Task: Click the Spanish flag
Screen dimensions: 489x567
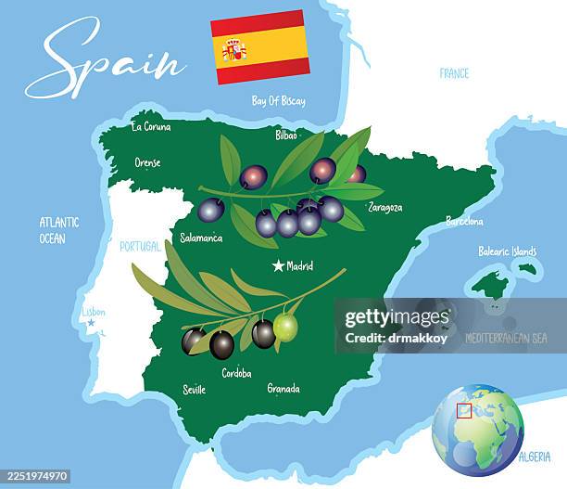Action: [x=260, y=47]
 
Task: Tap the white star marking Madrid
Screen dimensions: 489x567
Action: [x=278, y=266]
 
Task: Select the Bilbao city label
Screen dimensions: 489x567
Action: [x=286, y=135]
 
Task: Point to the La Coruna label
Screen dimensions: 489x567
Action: [x=151, y=126]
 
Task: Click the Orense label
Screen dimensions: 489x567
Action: [x=147, y=162]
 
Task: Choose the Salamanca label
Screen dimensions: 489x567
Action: [x=201, y=238]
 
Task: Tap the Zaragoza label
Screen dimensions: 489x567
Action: [x=385, y=207]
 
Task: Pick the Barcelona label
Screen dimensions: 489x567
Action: [x=464, y=221]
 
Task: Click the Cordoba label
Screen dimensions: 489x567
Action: [x=236, y=373]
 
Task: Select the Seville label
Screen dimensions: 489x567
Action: [x=195, y=390]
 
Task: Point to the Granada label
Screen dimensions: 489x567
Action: [x=283, y=388]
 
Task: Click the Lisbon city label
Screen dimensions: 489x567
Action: [x=94, y=312]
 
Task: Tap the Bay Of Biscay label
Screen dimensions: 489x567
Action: [x=278, y=100]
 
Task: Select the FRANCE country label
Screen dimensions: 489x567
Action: [x=454, y=73]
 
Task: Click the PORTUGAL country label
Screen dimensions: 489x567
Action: [x=140, y=246]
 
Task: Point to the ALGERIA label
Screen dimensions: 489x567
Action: [x=535, y=457]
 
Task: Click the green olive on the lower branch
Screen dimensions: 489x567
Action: [x=285, y=327]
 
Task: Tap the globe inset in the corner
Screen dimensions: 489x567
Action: [x=477, y=430]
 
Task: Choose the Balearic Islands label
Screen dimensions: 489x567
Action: [x=507, y=251]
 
